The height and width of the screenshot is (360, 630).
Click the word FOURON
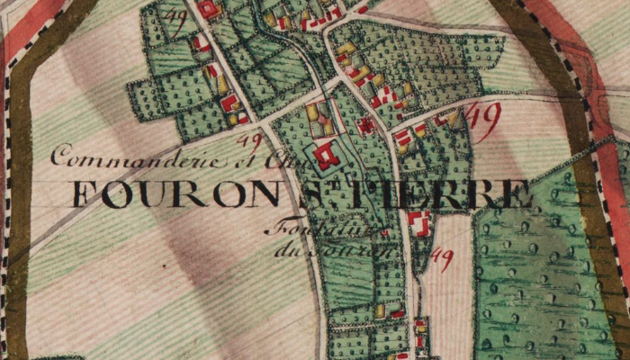tap(171, 193)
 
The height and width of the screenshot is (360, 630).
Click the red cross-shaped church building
tap(366, 126)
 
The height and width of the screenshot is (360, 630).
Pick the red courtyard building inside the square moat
tap(327, 156)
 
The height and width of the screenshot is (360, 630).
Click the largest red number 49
tap(484, 120)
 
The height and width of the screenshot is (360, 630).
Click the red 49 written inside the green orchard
tap(178, 20)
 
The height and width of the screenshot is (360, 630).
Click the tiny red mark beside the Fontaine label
tap(384, 233)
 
